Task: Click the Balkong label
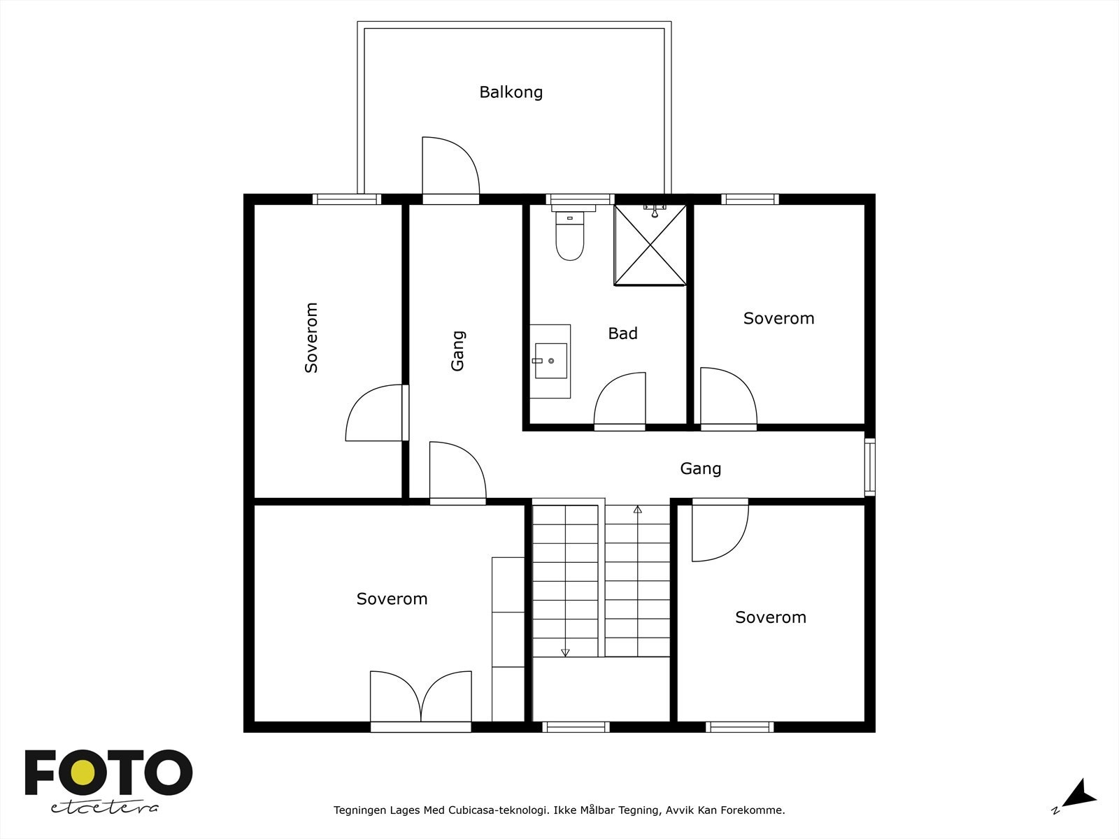click(511, 92)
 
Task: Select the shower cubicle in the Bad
click(650, 245)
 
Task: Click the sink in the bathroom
click(550, 361)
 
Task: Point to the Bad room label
click(622, 334)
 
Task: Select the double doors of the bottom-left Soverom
click(420, 698)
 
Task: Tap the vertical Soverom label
click(312, 338)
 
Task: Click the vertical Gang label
click(458, 351)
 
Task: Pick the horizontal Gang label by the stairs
click(700, 468)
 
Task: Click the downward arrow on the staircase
click(565, 652)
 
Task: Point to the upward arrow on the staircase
click(637, 510)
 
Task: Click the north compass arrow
click(1081, 794)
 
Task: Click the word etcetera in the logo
click(105, 808)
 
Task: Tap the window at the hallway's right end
click(869, 467)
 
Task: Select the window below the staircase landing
click(576, 727)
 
